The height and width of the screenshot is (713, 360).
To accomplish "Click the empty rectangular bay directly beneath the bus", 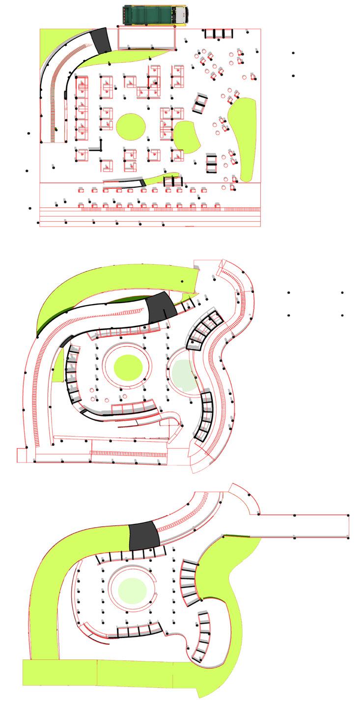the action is [146, 38].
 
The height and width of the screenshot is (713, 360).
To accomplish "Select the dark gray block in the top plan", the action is [101, 40].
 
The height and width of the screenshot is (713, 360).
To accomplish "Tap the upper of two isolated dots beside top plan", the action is [293, 53].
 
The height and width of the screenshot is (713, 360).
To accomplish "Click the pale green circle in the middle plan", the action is [184, 375].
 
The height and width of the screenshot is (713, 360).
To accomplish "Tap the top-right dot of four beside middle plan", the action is [342, 293].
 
